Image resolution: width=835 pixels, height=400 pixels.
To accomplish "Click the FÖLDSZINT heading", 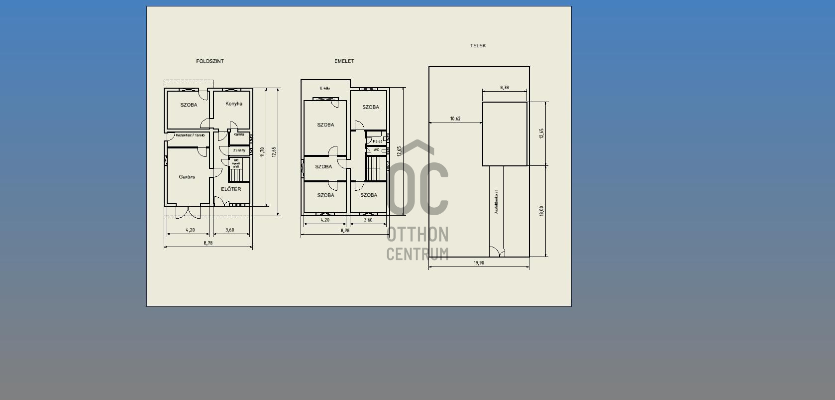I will click(x=210, y=61).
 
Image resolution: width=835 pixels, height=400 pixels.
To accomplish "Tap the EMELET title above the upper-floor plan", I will click(x=344, y=61).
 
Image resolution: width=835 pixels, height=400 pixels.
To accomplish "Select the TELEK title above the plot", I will click(x=478, y=45).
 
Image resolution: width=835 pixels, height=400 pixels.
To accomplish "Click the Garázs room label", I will click(x=187, y=177).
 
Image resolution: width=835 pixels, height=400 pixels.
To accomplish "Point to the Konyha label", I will click(x=234, y=104).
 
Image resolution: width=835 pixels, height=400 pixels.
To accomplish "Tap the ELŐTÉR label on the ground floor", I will click(x=231, y=189).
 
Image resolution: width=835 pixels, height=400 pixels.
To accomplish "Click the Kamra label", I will click(x=239, y=134).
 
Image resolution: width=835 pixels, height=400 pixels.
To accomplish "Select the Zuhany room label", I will click(x=239, y=150).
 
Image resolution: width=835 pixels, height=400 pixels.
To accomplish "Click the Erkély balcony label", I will click(x=325, y=88).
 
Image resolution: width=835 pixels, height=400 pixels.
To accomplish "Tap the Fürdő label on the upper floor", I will click(x=378, y=141).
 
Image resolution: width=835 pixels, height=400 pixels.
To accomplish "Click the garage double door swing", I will click(x=188, y=213).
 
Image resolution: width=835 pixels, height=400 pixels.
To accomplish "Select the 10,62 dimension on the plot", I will click(x=455, y=119).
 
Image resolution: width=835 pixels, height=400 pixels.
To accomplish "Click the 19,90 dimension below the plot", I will click(x=479, y=263).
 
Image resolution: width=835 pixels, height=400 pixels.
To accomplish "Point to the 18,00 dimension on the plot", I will click(x=541, y=211).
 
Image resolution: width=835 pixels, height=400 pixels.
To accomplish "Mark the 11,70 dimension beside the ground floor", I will click(x=262, y=152).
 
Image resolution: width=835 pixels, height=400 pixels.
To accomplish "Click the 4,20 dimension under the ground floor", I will click(x=190, y=230).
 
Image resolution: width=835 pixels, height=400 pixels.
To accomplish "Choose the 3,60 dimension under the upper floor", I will click(x=368, y=220).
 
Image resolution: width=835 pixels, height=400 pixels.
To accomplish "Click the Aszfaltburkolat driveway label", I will click(x=496, y=202).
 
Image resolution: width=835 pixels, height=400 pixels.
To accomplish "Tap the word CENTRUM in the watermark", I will click(x=417, y=254).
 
